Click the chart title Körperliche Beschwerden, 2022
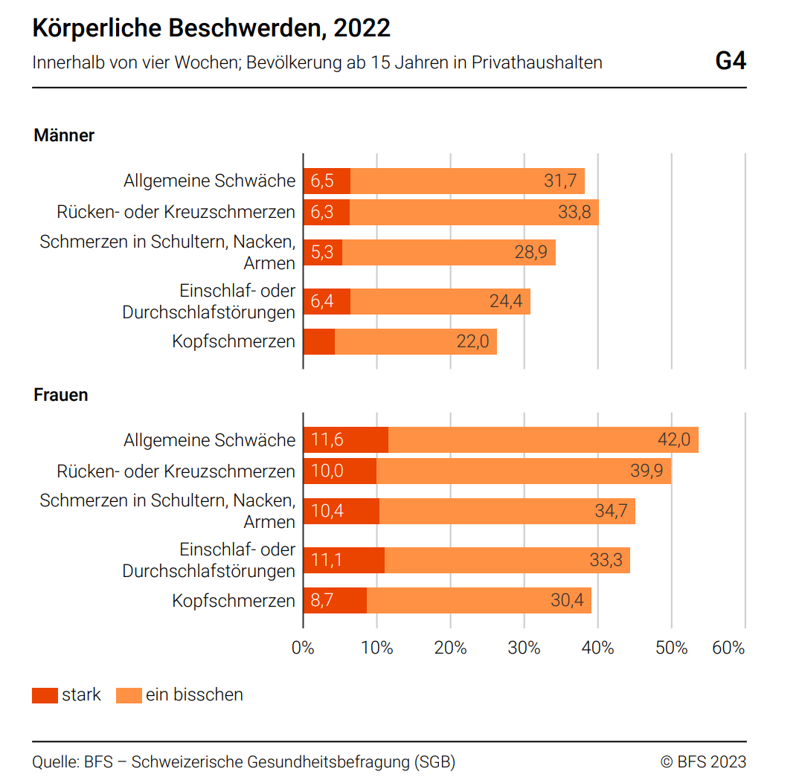[211, 28]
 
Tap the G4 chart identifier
[730, 61]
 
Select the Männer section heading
[64, 135]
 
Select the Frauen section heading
[61, 395]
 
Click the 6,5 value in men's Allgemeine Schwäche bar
[322, 181]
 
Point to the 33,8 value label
[574, 213]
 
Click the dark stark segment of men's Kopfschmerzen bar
[318, 342]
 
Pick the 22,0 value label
[472, 342]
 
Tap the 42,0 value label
[673, 440]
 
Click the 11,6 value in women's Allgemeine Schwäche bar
[327, 440]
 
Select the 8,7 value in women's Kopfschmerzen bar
[322, 601]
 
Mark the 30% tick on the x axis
[524, 648]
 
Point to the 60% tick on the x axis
[728, 648]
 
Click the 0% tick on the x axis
[304, 648]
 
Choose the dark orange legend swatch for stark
[45, 695]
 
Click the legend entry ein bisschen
[194, 695]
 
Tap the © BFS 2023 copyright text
[703, 762]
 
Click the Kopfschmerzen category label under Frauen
[234, 601]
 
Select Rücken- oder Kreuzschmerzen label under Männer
[176, 213]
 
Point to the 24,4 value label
[506, 302]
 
